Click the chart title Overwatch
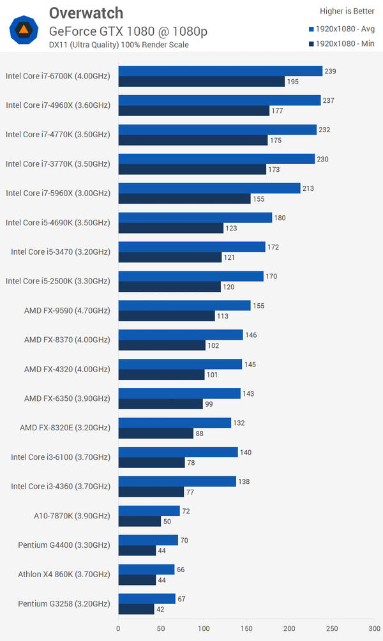tap(86, 13)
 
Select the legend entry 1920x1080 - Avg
tap(342, 29)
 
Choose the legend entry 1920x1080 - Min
tap(342, 44)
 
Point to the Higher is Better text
tap(347, 11)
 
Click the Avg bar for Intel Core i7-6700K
tap(220, 71)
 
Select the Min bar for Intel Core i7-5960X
tap(184, 199)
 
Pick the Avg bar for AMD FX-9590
tap(184, 306)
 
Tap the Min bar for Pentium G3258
tap(136, 609)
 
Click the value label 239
tap(330, 71)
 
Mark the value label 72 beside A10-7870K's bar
tap(186, 511)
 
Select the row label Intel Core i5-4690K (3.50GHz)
tap(58, 223)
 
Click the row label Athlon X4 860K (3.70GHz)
tap(64, 575)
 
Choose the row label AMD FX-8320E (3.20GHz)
tap(65, 428)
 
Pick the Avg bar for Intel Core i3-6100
tap(178, 452)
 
